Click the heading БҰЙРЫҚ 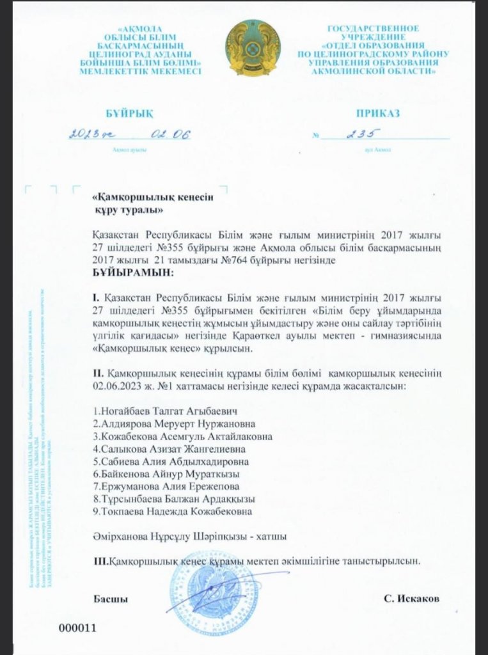(x=130, y=113)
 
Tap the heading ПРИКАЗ (x=379, y=113)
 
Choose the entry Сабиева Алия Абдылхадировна (x=171, y=461)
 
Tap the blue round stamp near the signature (x=203, y=588)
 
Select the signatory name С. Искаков (x=412, y=599)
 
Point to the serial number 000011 (x=77, y=627)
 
